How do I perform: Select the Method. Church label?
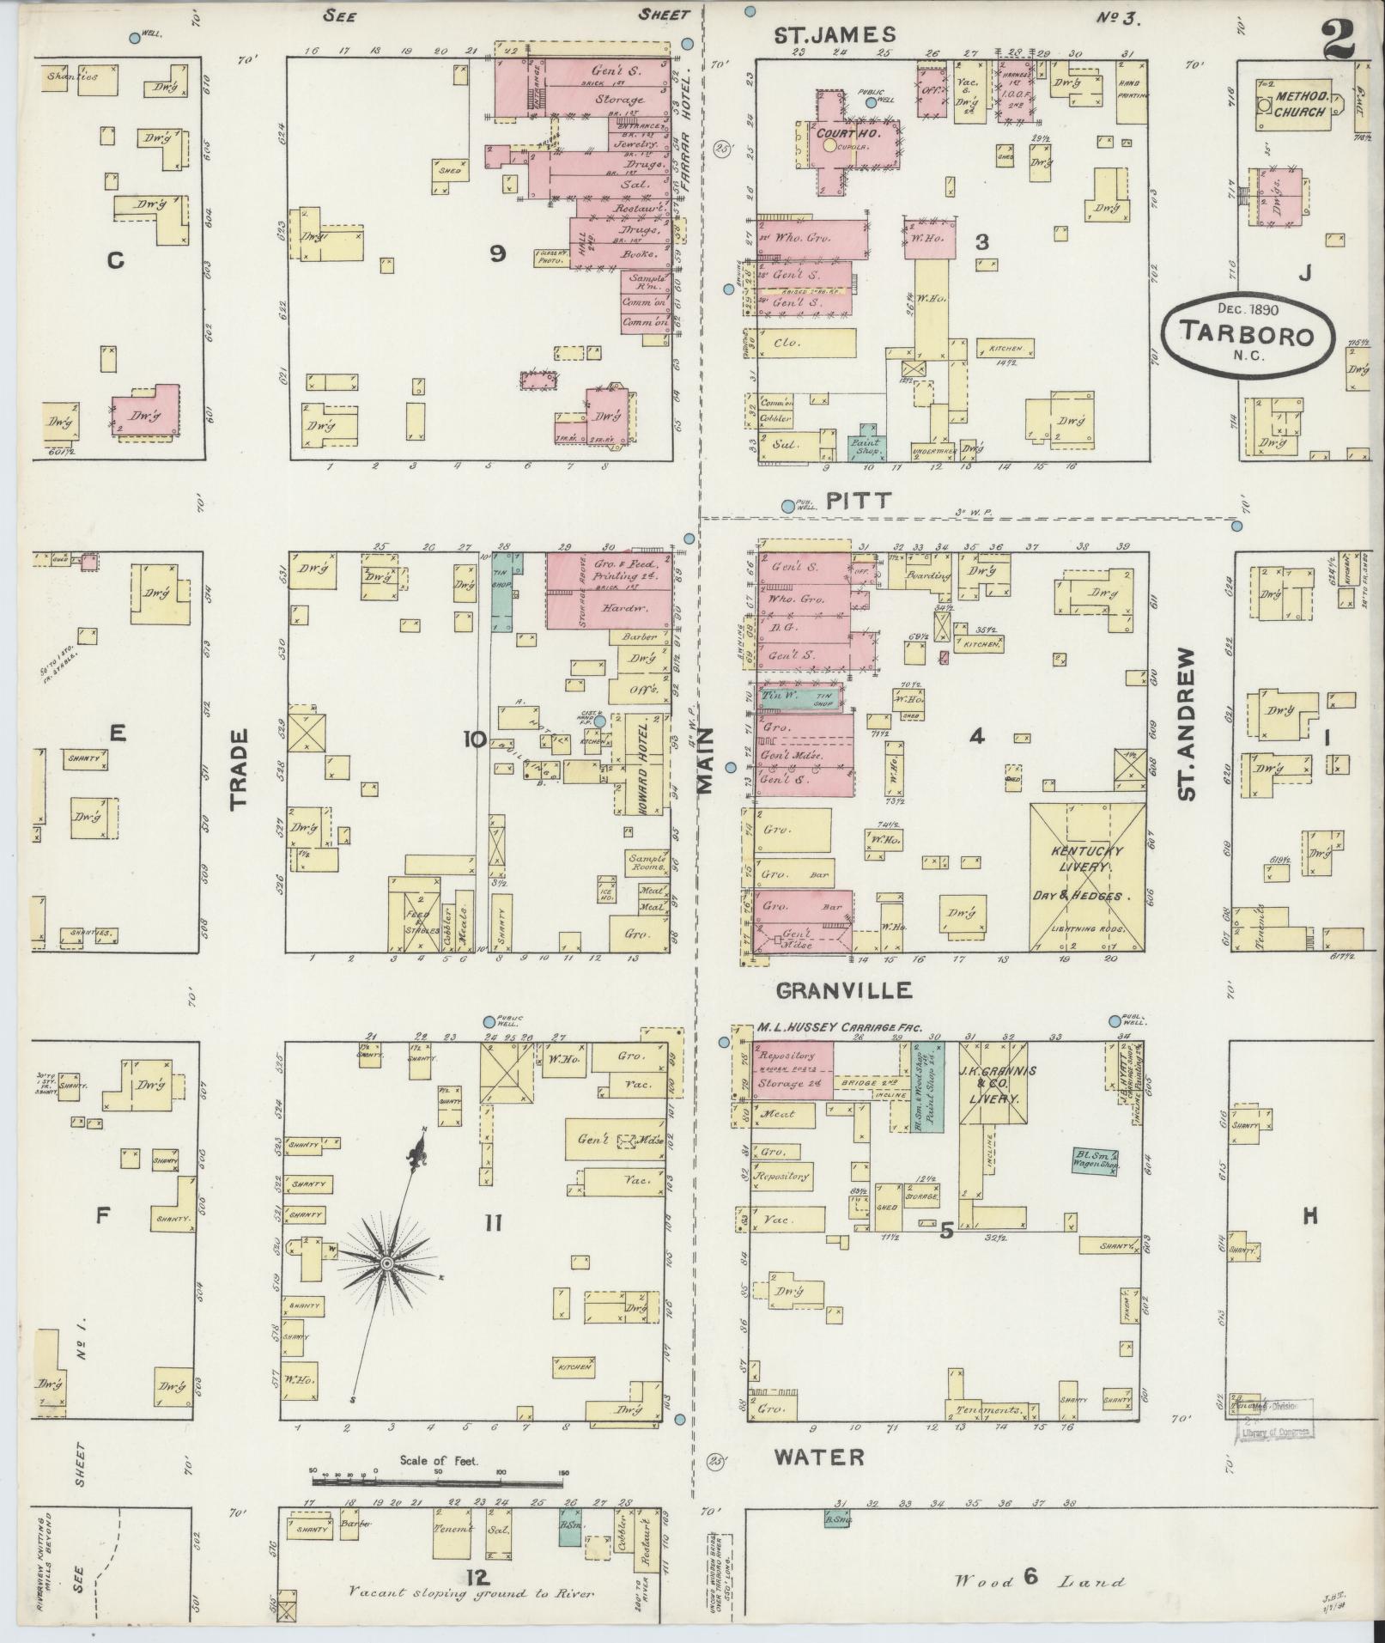[1300, 104]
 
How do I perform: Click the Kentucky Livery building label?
[1087, 860]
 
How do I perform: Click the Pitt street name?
[847, 502]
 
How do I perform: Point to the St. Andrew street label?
[1187, 724]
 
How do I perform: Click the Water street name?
[818, 1457]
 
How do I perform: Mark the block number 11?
[493, 1222]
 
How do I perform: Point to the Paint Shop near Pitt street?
[865, 447]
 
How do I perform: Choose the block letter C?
[115, 261]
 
